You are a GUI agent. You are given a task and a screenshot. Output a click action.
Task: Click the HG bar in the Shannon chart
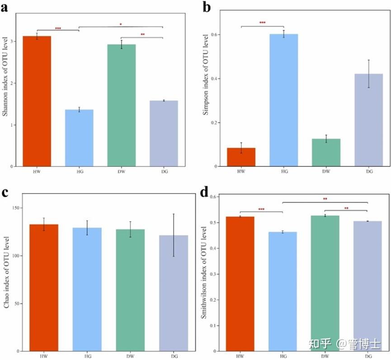tap(79, 138)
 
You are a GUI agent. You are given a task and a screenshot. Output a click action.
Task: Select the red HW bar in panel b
tap(241, 157)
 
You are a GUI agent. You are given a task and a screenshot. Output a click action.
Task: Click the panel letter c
tap(6, 192)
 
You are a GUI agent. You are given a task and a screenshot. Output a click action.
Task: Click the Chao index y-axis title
tap(6, 274)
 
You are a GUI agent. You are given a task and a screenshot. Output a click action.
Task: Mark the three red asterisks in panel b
tap(263, 23)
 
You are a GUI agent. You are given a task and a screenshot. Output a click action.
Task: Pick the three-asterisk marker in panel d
tap(261, 209)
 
